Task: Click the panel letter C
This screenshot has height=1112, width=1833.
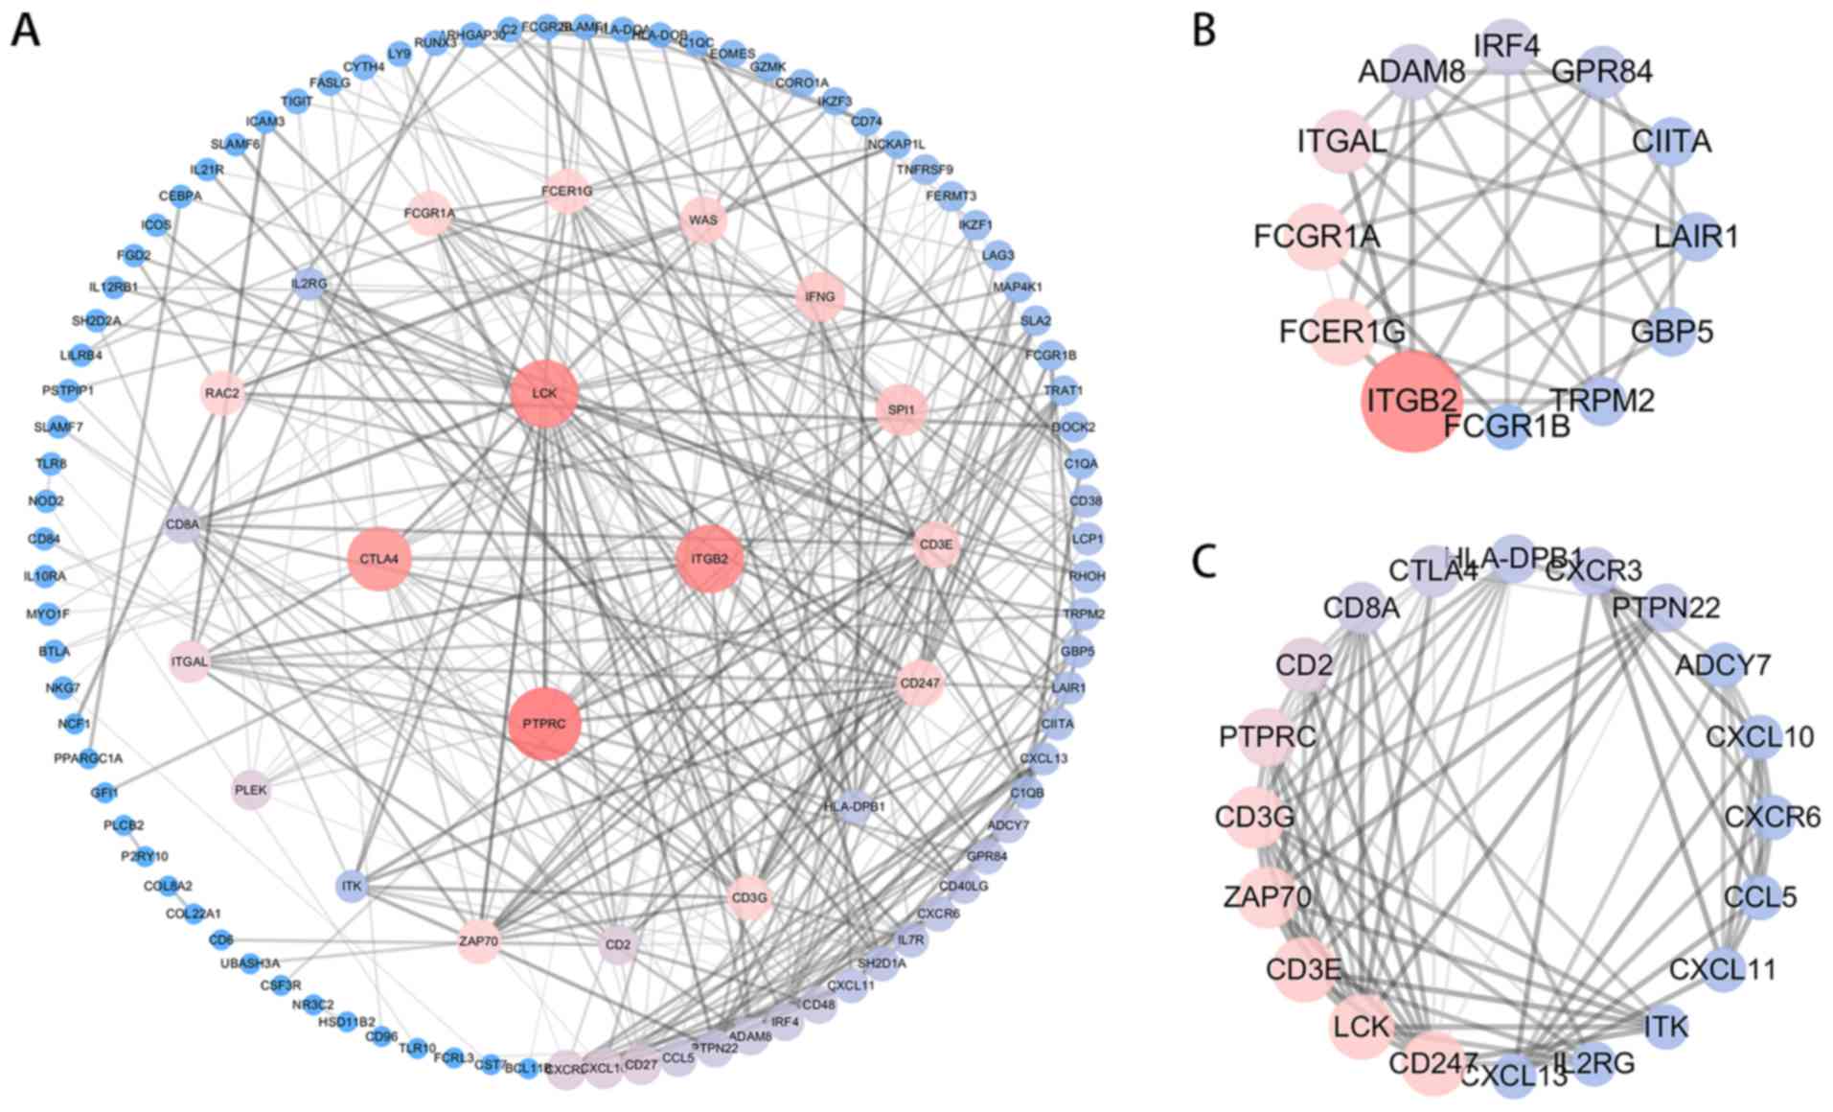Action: point(1203,563)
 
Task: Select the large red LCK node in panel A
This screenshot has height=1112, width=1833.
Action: point(544,394)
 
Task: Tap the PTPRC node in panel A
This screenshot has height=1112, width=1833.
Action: point(544,724)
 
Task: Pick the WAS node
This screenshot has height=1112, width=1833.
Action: point(702,220)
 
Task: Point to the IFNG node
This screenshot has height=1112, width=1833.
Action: point(819,297)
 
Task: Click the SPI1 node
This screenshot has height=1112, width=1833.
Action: point(901,410)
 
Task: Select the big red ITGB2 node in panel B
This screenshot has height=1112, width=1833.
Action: point(1410,401)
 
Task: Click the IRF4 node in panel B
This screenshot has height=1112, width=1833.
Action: point(1507,46)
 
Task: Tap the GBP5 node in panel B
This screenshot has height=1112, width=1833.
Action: point(1672,333)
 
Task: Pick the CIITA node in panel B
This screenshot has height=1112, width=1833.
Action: point(1672,142)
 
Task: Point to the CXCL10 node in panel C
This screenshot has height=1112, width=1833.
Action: point(1759,737)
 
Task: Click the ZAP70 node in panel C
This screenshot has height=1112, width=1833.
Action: point(1267,897)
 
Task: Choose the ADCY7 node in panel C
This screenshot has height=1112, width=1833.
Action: point(1723,665)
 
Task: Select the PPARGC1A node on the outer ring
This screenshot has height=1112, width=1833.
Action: point(88,758)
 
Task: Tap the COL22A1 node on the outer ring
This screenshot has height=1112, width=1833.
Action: point(193,914)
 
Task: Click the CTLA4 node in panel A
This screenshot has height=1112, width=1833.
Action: point(379,559)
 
